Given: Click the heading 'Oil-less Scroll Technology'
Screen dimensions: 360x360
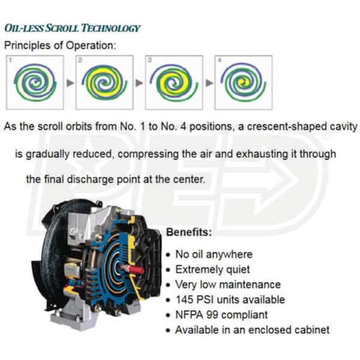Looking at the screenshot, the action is tap(72, 28).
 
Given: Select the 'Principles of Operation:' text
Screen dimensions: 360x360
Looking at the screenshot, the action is tap(60, 45).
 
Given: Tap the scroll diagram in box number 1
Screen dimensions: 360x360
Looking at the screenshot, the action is tap(35, 82).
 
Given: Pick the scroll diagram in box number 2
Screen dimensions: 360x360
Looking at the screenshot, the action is tap(104, 82).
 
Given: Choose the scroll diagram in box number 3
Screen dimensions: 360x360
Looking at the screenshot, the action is tap(174, 83).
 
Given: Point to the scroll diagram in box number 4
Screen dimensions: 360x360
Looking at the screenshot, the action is tap(244, 82).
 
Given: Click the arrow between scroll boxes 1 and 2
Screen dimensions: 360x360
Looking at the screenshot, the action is tap(70, 83).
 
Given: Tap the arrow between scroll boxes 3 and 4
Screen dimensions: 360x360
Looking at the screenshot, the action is tap(209, 83).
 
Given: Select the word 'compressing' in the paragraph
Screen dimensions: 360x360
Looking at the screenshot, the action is tap(148, 154).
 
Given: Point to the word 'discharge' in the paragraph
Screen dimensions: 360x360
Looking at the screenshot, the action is tap(90, 179).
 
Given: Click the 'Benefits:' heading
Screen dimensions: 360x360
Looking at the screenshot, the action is tap(189, 232).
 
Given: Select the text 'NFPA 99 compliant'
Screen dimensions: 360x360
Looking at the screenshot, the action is tap(221, 315).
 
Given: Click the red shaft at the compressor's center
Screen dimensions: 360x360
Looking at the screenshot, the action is tap(133, 269).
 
